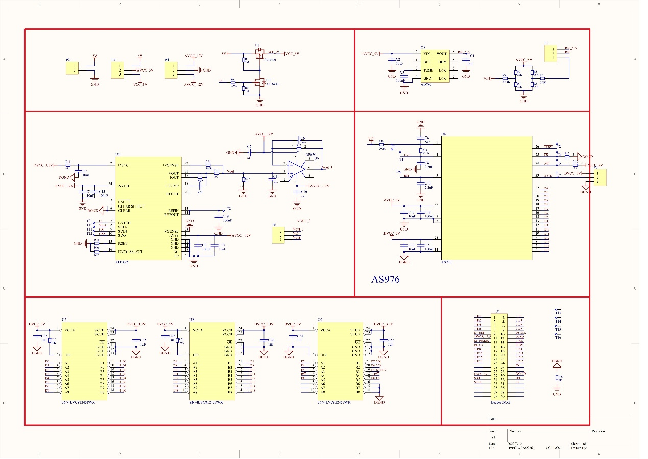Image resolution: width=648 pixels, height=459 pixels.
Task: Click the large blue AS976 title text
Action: pos(386,279)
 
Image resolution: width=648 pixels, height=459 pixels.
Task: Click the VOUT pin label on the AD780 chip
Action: pos(442,53)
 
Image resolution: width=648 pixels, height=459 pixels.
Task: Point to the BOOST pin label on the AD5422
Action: pos(172,193)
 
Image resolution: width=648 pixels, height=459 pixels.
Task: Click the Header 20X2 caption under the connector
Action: pos(499,402)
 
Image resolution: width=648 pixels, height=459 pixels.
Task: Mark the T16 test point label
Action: pos(558,338)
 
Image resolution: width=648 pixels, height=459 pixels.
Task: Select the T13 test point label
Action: pos(558,313)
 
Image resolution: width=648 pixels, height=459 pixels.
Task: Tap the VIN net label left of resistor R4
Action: pos(487,79)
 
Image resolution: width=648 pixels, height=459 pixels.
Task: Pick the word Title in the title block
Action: pos(492,419)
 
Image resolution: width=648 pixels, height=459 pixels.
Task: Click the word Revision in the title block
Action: pos(598,431)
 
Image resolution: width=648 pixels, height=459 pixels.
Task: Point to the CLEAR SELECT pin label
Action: pos(131,206)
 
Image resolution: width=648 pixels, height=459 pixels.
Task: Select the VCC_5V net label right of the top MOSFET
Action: pos(292,54)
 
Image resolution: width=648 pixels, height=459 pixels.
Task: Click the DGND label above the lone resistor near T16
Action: pos(557,361)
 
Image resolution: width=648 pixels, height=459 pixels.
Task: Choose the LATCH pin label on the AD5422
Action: pos(124,223)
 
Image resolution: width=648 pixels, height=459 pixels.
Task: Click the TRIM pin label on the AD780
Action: pos(442,61)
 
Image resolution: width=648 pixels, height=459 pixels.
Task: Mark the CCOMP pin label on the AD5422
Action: pos(173,185)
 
